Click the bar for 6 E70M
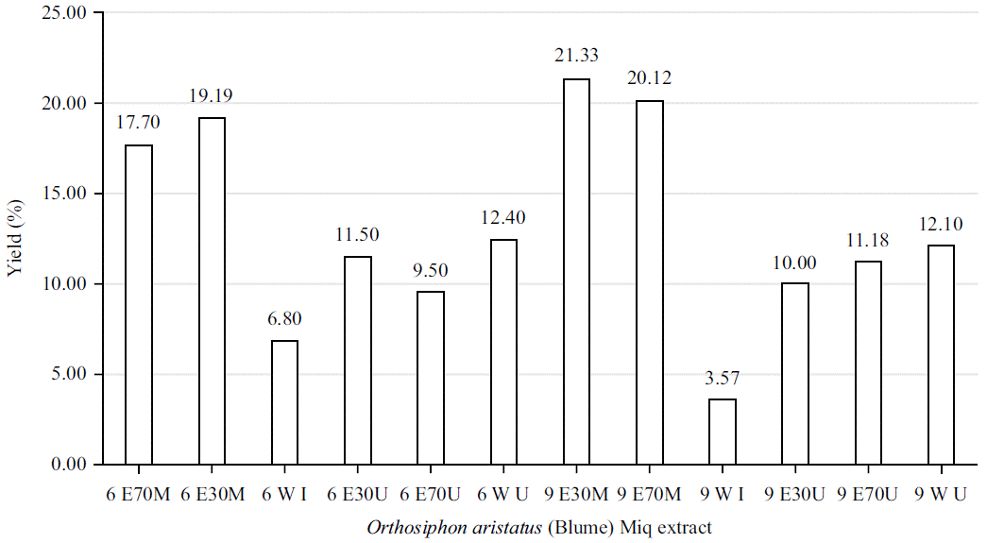tap(139, 304)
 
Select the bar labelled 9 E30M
tap(576, 272)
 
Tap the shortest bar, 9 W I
tap(722, 432)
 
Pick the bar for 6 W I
tap(284, 402)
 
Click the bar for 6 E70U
tap(431, 378)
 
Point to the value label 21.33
tap(576, 56)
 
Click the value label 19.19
tap(212, 95)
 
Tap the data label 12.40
tap(503, 217)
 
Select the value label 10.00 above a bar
tap(795, 262)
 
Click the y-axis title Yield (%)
tap(14, 239)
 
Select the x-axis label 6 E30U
tap(357, 494)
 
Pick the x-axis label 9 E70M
tap(649, 494)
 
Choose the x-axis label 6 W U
tap(503, 494)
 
